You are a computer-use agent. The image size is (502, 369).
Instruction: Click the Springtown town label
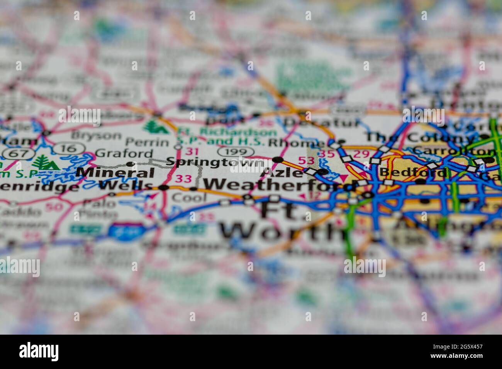pos(215,162)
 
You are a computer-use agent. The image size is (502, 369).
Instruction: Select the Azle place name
pos(282,173)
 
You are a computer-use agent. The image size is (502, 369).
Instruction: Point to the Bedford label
pos(412,173)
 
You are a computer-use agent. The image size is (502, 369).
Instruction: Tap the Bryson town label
pos(97,135)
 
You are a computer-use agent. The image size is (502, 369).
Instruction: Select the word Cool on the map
pos(189,198)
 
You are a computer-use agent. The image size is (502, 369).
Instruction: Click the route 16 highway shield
pos(66,148)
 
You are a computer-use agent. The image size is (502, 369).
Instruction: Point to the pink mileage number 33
pos(183,179)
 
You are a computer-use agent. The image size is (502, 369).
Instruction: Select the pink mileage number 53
pos(306,160)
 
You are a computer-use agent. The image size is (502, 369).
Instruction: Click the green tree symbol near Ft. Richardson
pos(157,126)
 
